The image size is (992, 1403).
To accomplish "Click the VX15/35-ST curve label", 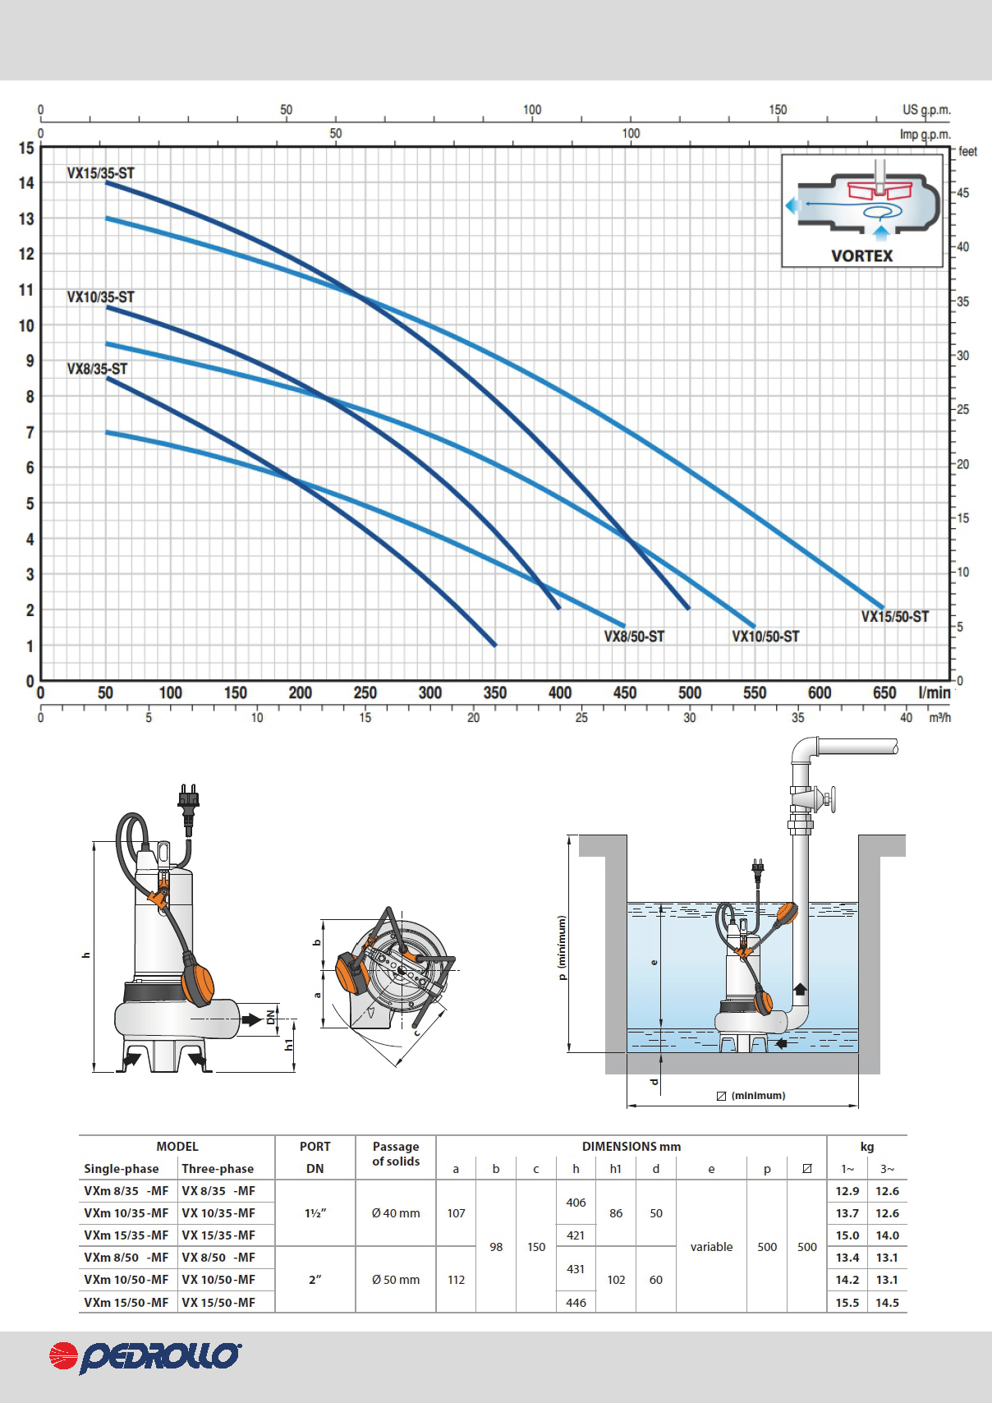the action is point(101,173).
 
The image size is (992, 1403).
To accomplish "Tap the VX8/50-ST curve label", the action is point(634,637).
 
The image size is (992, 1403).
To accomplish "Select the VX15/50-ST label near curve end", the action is point(895,616).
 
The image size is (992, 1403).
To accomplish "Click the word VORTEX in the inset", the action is point(861,255).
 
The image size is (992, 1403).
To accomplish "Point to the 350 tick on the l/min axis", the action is point(494,692).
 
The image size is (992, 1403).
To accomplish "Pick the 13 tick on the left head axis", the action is point(26,219).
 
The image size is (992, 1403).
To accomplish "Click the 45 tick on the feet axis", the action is point(963,193).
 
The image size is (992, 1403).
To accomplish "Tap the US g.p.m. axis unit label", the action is point(926,109).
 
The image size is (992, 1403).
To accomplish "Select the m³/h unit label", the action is point(940,718).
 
